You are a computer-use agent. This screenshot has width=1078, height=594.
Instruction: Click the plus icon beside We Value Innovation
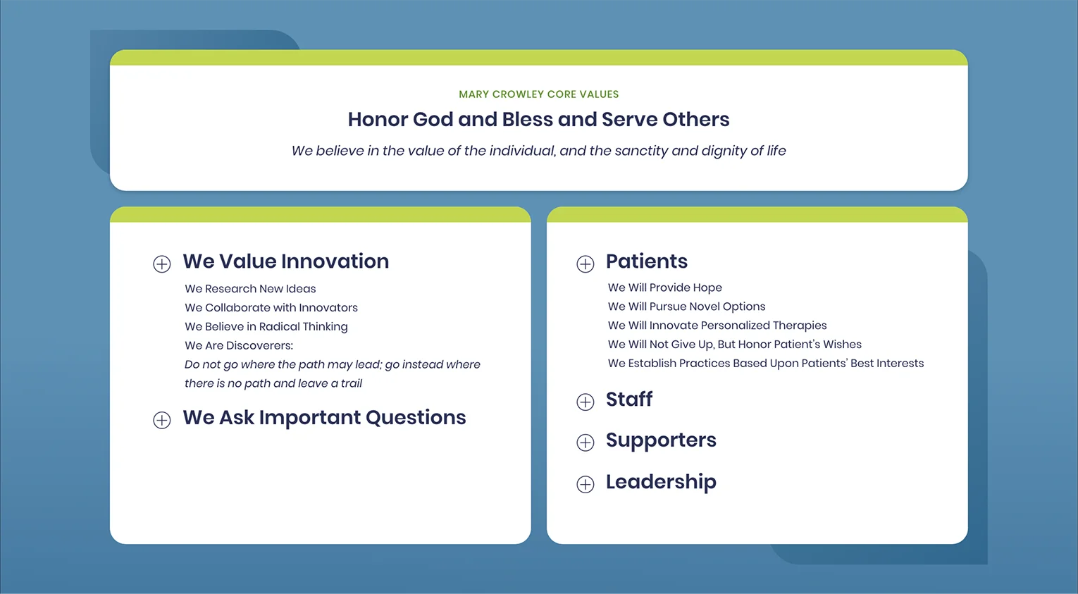point(162,264)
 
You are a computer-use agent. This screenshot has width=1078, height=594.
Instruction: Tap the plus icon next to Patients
point(586,264)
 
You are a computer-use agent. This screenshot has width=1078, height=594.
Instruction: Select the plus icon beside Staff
point(586,402)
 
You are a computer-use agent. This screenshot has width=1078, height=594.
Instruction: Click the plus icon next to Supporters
point(586,443)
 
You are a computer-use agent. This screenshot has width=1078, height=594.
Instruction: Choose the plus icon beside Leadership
point(586,484)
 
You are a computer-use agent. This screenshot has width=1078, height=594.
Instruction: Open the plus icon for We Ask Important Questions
point(162,420)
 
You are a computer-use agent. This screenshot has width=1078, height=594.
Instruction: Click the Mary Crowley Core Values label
point(538,94)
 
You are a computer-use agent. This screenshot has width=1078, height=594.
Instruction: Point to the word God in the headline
point(433,119)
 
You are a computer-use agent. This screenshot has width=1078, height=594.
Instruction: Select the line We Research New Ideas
point(250,289)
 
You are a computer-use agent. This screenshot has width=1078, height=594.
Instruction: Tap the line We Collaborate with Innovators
point(271,308)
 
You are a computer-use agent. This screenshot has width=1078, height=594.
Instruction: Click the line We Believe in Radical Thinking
point(266,327)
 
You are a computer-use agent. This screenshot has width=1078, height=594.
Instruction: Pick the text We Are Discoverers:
point(239,345)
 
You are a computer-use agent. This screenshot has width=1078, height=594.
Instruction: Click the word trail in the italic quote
point(352,383)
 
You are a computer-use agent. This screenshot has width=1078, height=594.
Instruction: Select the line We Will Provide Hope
point(664,287)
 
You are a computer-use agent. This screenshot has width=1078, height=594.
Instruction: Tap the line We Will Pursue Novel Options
point(686,307)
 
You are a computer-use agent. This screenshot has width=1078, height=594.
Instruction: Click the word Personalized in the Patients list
point(735,326)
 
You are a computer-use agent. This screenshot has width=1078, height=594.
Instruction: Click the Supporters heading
point(661,440)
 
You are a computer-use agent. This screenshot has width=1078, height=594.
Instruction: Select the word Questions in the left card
point(416,418)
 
